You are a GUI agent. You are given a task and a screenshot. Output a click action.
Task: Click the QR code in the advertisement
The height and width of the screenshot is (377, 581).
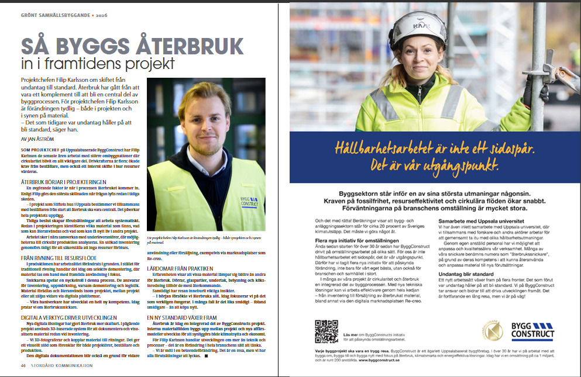pyautogui.click(x=326, y=331)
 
